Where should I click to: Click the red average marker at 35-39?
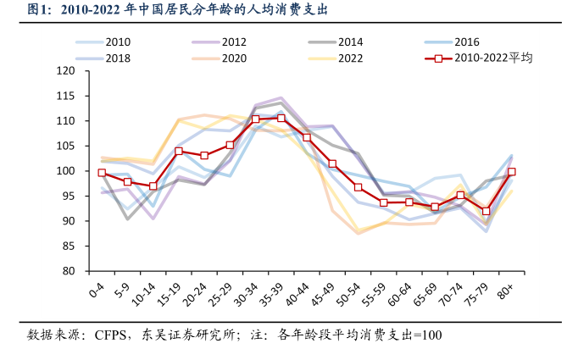[x=281, y=118]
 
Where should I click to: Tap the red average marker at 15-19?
[x=179, y=152]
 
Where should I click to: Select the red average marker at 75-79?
[x=486, y=211]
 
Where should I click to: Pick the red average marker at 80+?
[x=511, y=172]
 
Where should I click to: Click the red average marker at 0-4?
[x=102, y=173]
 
